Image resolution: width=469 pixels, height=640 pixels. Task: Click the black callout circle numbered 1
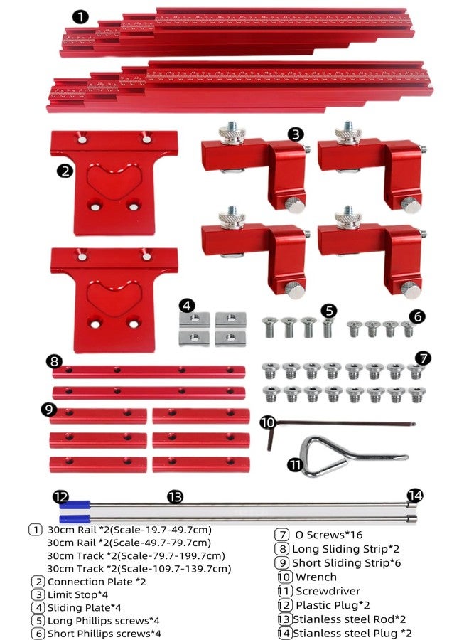tap(80, 17)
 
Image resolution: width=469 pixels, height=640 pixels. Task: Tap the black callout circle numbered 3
tap(296, 134)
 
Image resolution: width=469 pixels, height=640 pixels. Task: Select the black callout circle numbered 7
tap(424, 358)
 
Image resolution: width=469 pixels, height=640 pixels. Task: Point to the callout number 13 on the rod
tap(176, 497)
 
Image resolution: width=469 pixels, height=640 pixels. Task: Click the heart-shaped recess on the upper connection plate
tap(114, 180)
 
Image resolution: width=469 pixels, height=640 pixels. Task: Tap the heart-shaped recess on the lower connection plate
tap(114, 297)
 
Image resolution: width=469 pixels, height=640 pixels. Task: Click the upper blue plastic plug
tap(75, 505)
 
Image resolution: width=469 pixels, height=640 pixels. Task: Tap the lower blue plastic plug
tap(75, 519)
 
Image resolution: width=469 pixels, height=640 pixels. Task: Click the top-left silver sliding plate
tap(195, 319)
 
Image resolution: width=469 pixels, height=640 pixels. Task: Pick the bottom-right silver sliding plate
tap(230, 338)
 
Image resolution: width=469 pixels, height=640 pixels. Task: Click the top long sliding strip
tap(149, 371)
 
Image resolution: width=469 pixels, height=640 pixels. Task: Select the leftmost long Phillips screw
tap(269, 327)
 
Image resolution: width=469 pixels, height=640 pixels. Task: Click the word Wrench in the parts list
tap(316, 577)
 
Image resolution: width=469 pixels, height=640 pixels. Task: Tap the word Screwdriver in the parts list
tap(328, 591)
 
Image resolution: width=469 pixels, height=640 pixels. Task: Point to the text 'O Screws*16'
tap(329, 535)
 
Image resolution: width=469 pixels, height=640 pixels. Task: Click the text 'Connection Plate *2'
tap(97, 582)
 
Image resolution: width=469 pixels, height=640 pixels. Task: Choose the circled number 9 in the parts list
tap(282, 563)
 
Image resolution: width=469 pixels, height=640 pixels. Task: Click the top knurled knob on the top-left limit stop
tap(232, 133)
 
